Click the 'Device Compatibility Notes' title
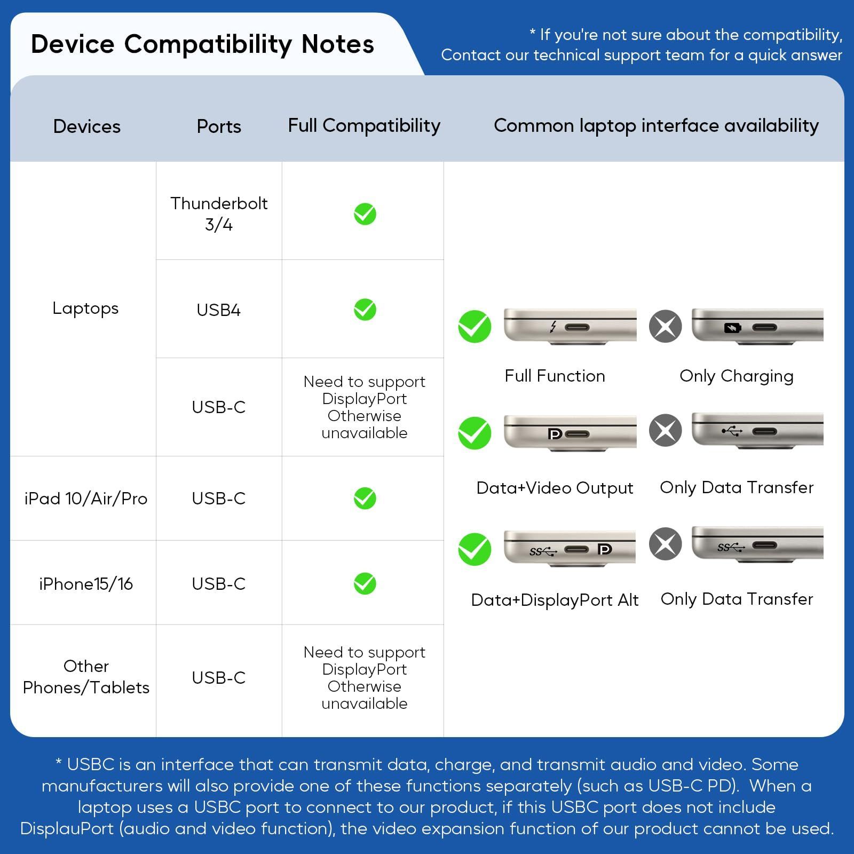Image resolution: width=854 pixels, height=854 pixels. (202, 44)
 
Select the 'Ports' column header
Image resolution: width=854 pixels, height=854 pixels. (219, 126)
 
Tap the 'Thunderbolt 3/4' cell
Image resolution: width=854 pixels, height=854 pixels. (219, 213)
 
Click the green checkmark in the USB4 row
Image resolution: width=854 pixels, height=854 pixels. (365, 310)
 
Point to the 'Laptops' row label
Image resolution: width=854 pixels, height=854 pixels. (85, 309)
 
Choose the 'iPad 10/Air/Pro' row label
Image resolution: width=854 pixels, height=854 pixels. (86, 499)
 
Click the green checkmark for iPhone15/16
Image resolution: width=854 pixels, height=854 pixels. (365, 583)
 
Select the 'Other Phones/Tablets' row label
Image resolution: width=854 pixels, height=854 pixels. (86, 677)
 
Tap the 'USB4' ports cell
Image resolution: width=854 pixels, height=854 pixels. (219, 310)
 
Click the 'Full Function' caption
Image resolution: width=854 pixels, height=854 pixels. (555, 376)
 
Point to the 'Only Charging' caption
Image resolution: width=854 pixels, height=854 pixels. (737, 376)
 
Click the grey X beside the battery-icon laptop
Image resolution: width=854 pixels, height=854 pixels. (666, 326)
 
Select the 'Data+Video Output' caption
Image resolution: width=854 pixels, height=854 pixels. (555, 488)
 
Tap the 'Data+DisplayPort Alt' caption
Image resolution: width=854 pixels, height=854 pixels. (555, 600)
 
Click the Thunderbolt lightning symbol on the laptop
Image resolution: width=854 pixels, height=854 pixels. (553, 326)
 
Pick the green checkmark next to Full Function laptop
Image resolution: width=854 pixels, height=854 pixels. (475, 326)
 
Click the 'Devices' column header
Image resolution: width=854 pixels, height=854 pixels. (87, 126)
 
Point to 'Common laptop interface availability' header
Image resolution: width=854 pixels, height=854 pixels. (656, 126)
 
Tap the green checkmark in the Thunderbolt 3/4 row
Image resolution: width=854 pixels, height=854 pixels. (365, 214)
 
